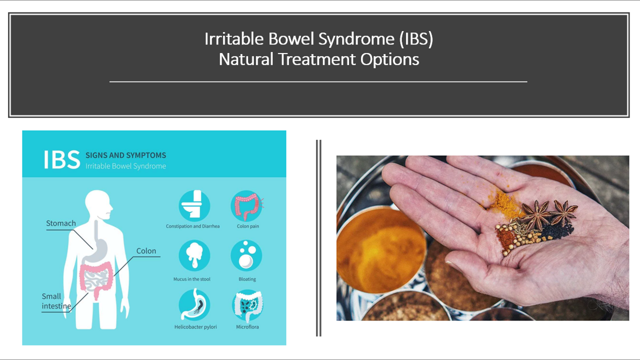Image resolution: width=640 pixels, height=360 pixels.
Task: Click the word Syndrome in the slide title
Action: pos(356,39)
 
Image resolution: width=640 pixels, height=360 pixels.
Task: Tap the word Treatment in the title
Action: pos(317,59)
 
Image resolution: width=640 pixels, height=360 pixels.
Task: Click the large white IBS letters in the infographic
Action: pos(61,159)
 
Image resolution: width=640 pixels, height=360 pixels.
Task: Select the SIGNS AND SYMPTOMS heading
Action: pos(125,155)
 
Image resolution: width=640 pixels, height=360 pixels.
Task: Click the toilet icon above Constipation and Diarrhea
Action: pos(194,206)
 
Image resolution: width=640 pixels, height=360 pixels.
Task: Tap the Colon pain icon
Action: pos(247,206)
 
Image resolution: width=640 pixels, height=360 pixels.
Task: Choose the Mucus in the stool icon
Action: pos(194,255)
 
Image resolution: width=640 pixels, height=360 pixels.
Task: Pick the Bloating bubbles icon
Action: pos(246,255)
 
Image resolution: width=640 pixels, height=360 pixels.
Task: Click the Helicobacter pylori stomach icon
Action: pos(194,304)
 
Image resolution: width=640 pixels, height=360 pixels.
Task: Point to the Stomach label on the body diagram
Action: pos(61,223)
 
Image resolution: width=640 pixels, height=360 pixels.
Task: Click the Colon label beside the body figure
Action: pos(146,251)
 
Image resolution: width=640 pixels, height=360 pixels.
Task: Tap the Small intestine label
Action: pos(56,301)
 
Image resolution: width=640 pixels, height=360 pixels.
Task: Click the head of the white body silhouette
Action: pos(98,204)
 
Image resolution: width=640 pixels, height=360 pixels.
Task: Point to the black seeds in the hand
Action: pos(557,231)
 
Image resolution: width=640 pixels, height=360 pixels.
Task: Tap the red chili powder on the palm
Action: pos(505,239)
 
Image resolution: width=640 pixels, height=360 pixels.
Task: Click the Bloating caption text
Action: pos(247,279)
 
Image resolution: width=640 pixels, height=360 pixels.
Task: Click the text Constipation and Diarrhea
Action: pos(193,226)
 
